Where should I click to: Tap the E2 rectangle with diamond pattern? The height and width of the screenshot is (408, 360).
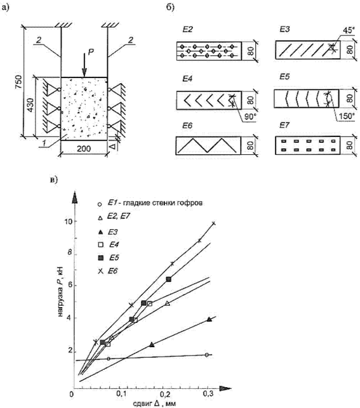click(207, 51)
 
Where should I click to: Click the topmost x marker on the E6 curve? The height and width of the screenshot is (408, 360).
click(214, 223)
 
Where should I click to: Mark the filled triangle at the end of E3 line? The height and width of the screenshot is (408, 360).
click(209, 320)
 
